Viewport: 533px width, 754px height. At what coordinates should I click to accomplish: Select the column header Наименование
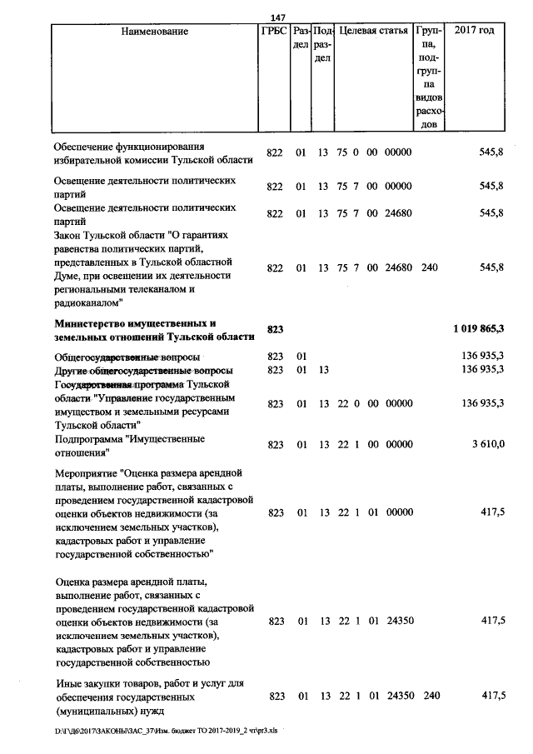pos(155,32)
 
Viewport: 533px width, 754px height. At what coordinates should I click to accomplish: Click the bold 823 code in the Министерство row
pos(276,330)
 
